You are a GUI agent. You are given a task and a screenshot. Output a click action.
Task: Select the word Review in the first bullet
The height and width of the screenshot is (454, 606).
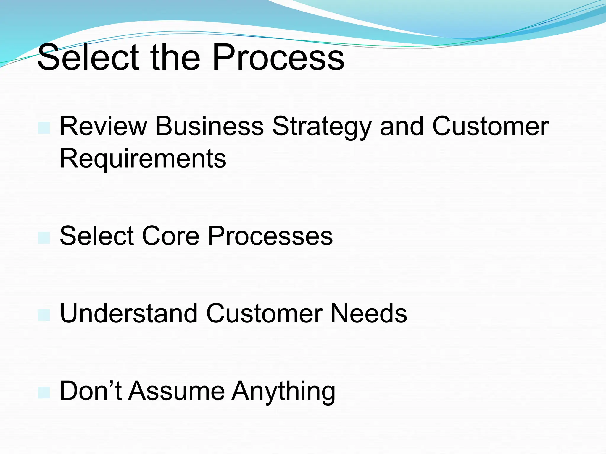coord(103,126)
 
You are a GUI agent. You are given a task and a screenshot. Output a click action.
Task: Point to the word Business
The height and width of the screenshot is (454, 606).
coord(209,126)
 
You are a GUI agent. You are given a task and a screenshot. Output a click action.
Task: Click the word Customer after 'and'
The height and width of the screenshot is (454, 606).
coord(490,126)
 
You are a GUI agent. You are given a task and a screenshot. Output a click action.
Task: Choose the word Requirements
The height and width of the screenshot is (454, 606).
coord(143,159)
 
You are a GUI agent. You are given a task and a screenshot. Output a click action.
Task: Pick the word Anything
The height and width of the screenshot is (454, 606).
coord(283,392)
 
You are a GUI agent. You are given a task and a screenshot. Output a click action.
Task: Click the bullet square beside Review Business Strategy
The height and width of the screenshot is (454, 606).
coord(44,128)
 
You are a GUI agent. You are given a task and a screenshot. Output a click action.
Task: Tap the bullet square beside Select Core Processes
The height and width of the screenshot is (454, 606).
coord(44,238)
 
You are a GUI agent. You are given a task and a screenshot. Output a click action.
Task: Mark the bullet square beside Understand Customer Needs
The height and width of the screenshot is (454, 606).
coord(44,315)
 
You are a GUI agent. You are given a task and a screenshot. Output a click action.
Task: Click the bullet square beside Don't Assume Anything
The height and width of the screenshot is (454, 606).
coord(44,393)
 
